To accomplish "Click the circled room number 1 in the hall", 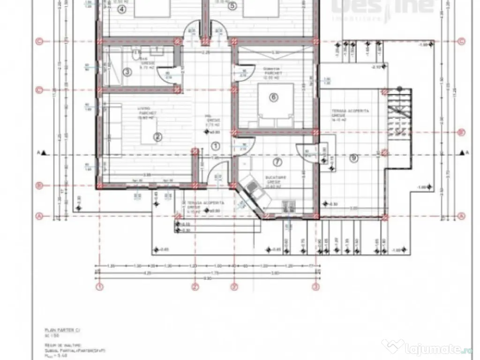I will click(x=216, y=146).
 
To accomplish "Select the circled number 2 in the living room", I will click(x=157, y=137).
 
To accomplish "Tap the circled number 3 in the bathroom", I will click(x=127, y=72).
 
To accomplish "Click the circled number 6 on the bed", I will click(x=274, y=97).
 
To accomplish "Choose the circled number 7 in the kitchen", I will click(x=277, y=162).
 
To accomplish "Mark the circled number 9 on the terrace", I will click(x=353, y=158).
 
